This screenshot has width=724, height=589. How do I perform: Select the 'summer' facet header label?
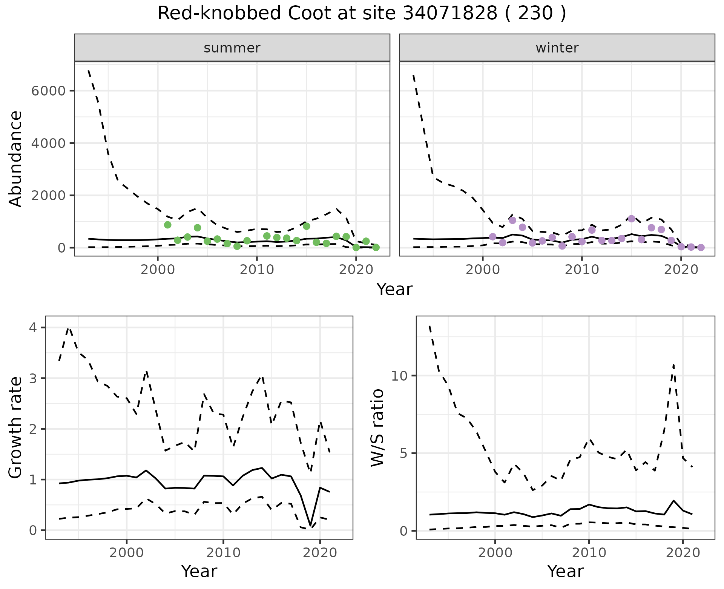pos(232,48)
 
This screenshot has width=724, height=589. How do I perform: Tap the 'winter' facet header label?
pos(557,48)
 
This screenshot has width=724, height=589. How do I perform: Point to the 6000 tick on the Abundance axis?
pos(48,91)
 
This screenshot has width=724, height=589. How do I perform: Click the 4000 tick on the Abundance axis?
pos(48,143)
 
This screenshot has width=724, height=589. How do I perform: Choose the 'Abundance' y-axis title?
pos(16,159)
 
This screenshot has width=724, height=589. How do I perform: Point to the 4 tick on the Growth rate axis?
pos(33,327)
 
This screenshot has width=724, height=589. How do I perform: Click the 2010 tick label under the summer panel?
pos(257,270)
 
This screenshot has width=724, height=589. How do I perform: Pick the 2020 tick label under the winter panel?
pos(681,270)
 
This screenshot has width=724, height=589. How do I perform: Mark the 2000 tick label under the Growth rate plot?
pos(126,553)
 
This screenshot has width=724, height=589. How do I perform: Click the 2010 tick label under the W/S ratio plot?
pos(589,553)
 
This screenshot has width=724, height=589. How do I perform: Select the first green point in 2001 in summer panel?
pos(168,225)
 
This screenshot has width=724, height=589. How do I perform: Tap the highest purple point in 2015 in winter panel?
pos(632,219)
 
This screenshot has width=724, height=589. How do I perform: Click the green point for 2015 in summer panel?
pos(307,226)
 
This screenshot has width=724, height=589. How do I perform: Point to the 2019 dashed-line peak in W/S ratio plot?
pos(673,365)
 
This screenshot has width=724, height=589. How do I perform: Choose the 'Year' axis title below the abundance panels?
pos(394,290)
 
